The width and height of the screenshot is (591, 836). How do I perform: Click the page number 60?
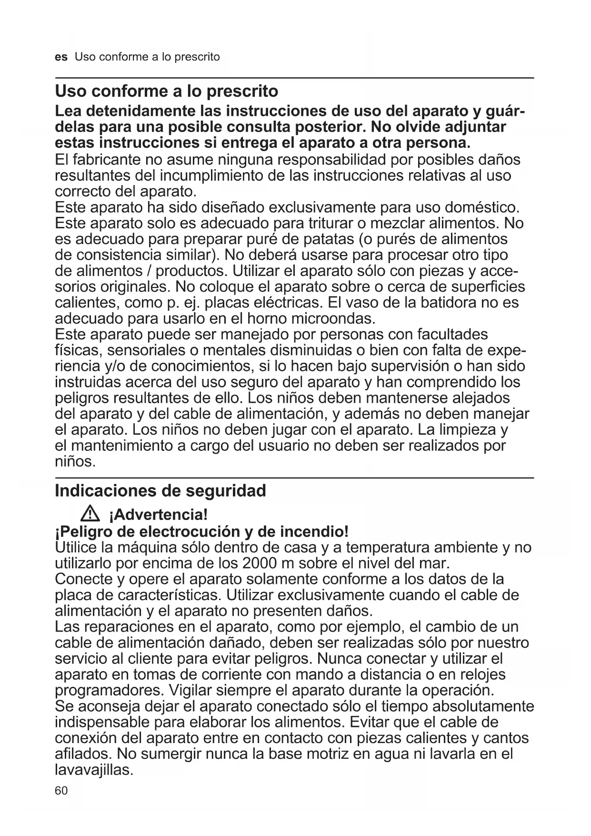pos(61,791)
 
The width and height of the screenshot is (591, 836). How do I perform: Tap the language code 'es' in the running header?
pos(61,57)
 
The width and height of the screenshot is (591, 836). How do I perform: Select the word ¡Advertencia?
pos(158,515)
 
